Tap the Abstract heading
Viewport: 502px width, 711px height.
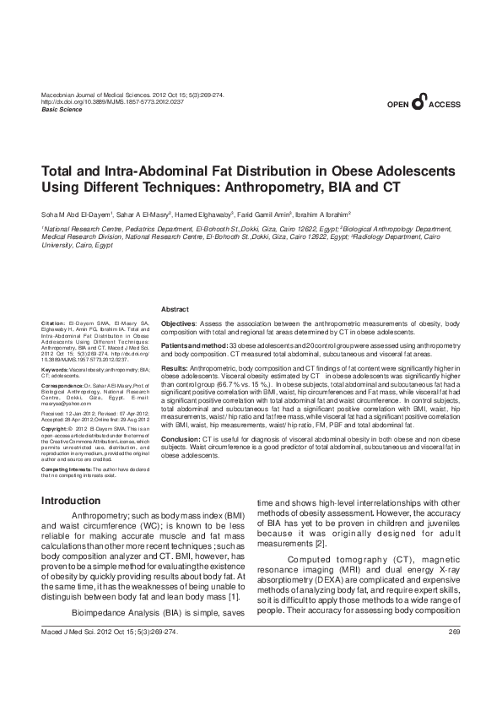point(175,310)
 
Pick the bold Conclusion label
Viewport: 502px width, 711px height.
point(181,440)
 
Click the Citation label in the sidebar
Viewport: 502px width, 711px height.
point(52,323)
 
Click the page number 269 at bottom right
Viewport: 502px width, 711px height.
point(453,656)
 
